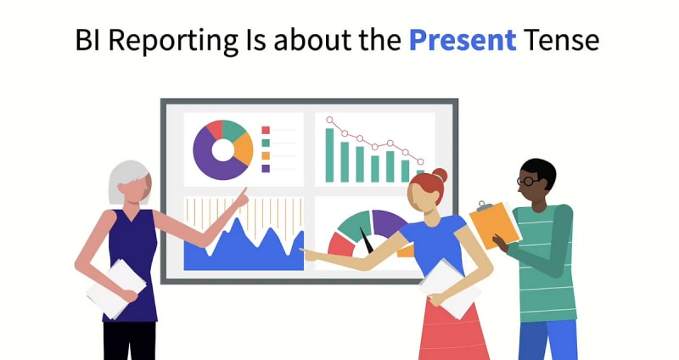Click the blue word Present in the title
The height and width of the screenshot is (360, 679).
click(x=463, y=40)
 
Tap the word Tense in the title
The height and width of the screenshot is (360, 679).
click(x=561, y=40)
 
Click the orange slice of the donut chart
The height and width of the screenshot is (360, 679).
click(x=244, y=149)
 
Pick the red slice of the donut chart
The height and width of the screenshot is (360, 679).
click(x=215, y=129)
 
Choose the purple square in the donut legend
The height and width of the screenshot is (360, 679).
click(x=266, y=168)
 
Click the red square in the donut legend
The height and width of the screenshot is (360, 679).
click(x=266, y=130)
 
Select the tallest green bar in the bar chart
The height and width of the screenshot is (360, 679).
click(x=330, y=155)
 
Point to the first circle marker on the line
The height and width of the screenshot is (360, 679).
click(x=329, y=120)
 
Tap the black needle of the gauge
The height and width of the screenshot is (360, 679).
click(x=367, y=241)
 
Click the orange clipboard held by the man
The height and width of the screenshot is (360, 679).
click(x=495, y=225)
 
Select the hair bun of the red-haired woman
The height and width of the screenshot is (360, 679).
click(x=440, y=176)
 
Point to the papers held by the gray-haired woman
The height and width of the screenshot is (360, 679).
click(x=116, y=289)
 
